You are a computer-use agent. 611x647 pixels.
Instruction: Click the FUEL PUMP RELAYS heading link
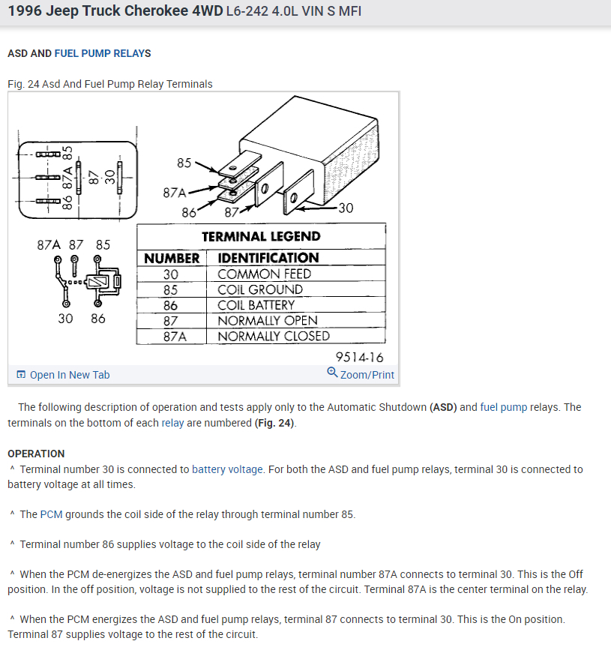(x=102, y=53)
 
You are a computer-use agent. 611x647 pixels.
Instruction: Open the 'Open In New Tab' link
(x=69, y=375)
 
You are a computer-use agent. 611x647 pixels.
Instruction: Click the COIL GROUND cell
(x=260, y=289)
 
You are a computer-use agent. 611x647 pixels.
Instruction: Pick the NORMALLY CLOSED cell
(x=273, y=336)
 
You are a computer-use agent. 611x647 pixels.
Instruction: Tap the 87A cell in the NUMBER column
(x=172, y=336)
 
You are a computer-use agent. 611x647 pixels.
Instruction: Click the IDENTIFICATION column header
(x=268, y=258)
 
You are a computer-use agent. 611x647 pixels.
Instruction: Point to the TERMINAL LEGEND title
(x=261, y=236)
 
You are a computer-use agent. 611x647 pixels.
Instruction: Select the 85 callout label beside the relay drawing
(x=184, y=162)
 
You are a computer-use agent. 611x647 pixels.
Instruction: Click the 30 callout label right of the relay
(x=345, y=208)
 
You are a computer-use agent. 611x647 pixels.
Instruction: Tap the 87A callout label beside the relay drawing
(x=175, y=193)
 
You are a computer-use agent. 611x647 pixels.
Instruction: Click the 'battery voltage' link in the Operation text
(x=227, y=469)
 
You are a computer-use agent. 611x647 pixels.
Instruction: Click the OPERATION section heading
(x=36, y=454)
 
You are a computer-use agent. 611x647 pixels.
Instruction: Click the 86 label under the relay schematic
(x=97, y=318)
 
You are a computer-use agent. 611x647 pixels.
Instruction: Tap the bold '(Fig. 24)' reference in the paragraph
(x=275, y=423)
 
